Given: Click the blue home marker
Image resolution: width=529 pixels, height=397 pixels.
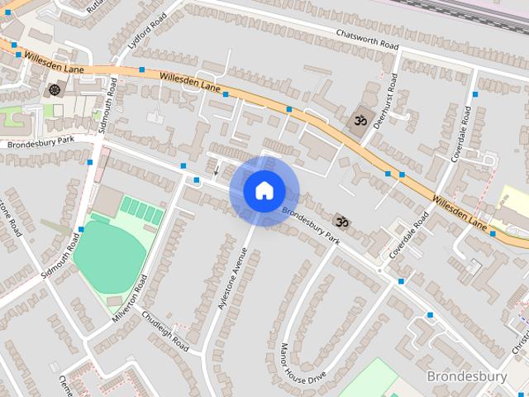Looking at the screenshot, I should tap(264, 190).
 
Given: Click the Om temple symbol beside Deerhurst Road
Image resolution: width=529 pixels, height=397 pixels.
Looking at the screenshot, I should tap(359, 122).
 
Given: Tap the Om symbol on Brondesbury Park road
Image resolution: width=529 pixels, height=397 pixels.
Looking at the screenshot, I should tap(341, 221).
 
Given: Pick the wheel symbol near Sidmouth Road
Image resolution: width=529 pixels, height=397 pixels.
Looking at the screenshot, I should tap(55, 89).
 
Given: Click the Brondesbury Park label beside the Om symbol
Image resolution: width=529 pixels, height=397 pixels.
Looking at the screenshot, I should tap(311, 224).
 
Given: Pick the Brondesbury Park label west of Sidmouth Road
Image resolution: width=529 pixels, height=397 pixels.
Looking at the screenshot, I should tap(41, 141).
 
